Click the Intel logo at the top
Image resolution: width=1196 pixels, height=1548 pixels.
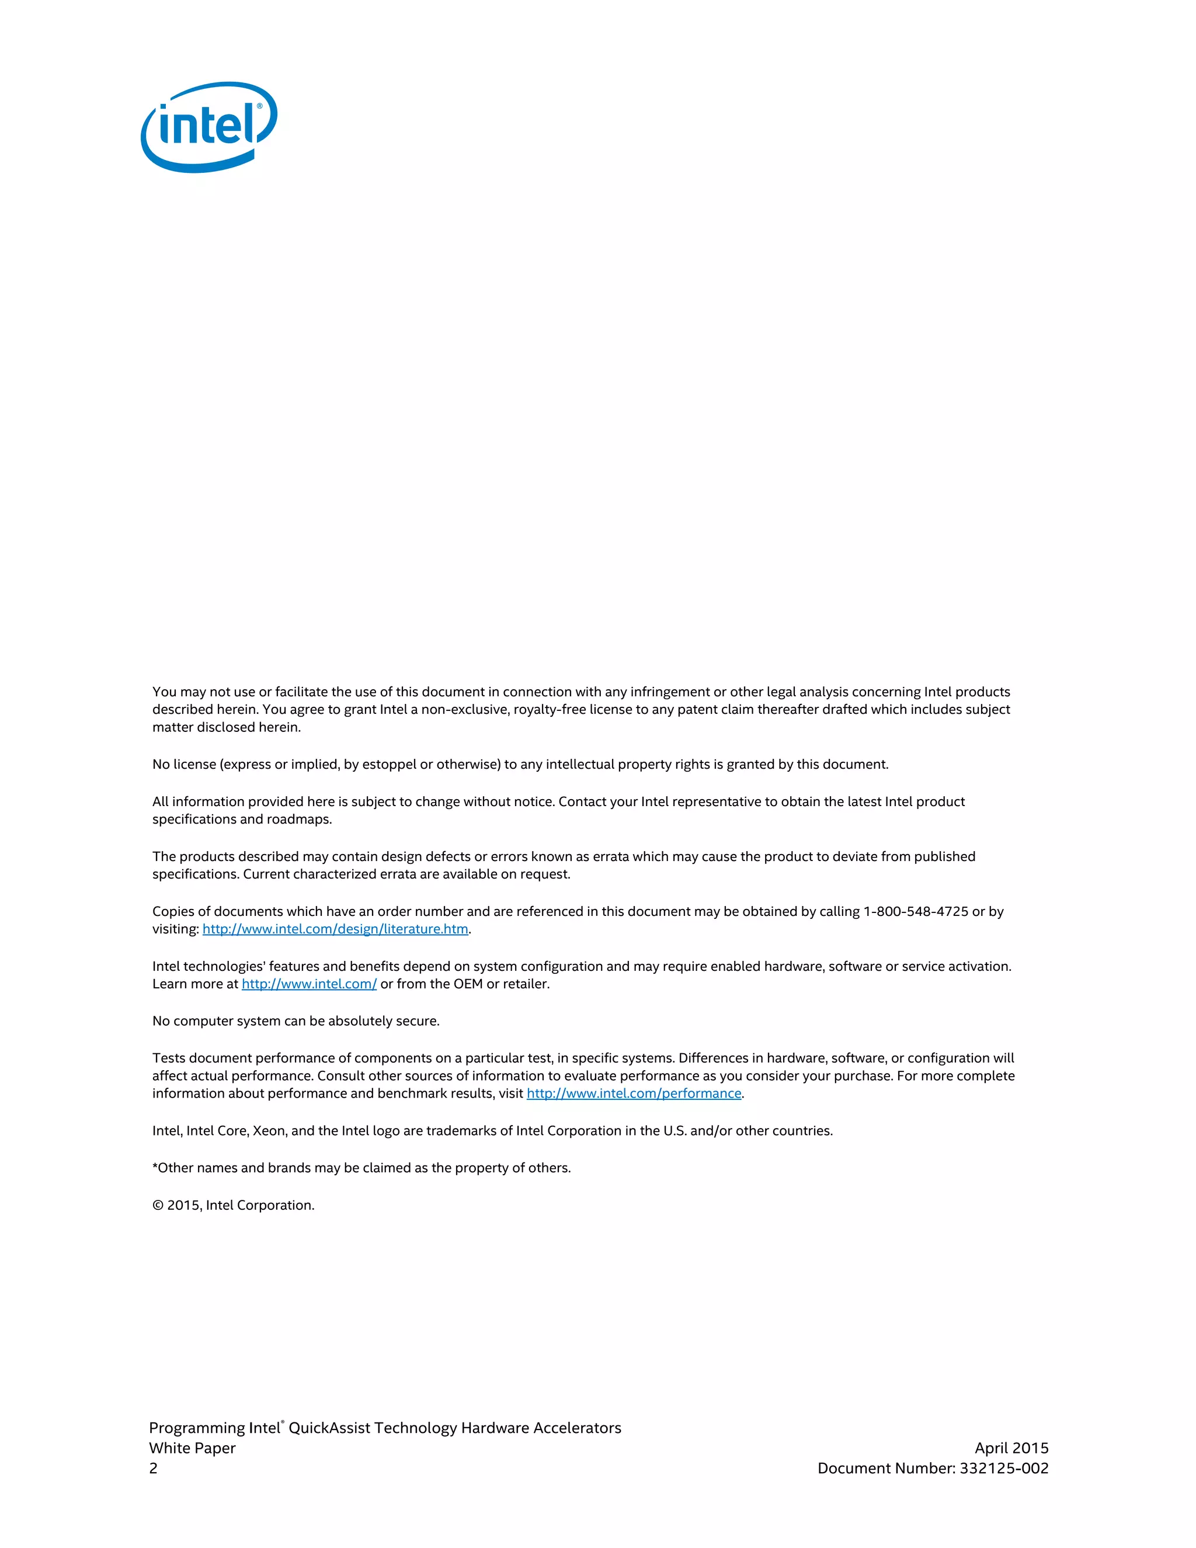[x=209, y=127]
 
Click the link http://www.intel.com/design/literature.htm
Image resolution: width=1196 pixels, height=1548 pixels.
[x=335, y=929]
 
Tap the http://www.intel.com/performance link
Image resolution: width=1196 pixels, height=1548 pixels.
[x=634, y=1093]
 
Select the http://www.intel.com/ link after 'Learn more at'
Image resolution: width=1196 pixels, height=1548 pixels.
[x=309, y=984]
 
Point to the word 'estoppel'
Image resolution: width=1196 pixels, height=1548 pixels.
[x=389, y=764]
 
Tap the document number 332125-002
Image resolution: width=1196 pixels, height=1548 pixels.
[x=1004, y=1468]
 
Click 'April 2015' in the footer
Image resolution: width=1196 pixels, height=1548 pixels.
[x=1011, y=1448]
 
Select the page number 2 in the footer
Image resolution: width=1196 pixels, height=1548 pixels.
[x=153, y=1468]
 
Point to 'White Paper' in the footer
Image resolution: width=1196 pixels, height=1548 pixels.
[x=192, y=1448]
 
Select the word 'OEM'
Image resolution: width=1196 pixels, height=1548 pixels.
[x=468, y=984]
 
